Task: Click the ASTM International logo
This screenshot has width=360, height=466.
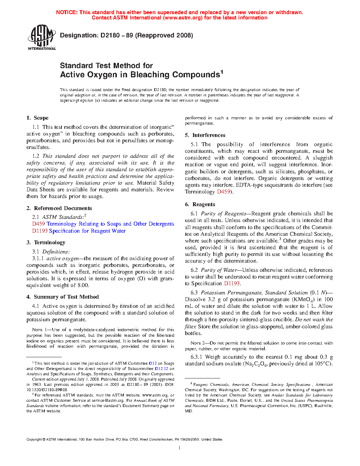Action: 41,37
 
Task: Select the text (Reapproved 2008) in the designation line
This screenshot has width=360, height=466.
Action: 164,35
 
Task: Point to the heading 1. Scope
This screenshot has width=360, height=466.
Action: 37,118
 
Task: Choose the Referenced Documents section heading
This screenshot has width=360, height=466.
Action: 59,208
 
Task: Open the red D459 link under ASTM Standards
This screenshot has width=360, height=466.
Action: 38,224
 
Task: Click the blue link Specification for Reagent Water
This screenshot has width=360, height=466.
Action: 87,231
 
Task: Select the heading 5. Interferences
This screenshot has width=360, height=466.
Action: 205,135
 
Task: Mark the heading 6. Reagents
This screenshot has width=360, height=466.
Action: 200,204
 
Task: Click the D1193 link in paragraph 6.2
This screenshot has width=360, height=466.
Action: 232,283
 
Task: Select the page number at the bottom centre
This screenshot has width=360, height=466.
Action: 180,448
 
